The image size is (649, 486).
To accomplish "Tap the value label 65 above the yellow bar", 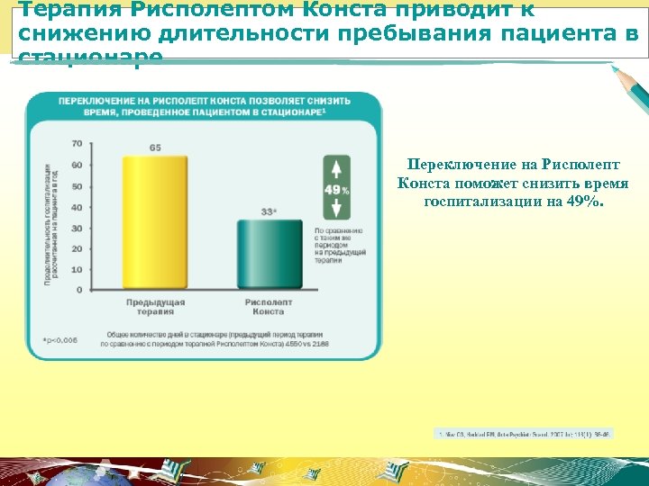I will [x=156, y=148].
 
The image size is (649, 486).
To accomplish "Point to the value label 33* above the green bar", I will [x=268, y=212].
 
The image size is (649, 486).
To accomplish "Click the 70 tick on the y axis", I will [x=76, y=144].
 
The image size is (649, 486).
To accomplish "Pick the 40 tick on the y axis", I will [x=76, y=207].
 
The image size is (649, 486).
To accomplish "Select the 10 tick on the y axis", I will [x=76, y=269].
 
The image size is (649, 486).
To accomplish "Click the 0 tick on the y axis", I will [x=78, y=290].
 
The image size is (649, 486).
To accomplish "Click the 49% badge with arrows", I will [x=336, y=189].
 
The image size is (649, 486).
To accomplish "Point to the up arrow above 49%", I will [x=336, y=167].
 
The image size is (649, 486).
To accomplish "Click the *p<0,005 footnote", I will [x=59, y=340].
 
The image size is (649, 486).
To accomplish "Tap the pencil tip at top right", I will [x=615, y=68].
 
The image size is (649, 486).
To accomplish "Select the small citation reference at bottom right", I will [x=523, y=435].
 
